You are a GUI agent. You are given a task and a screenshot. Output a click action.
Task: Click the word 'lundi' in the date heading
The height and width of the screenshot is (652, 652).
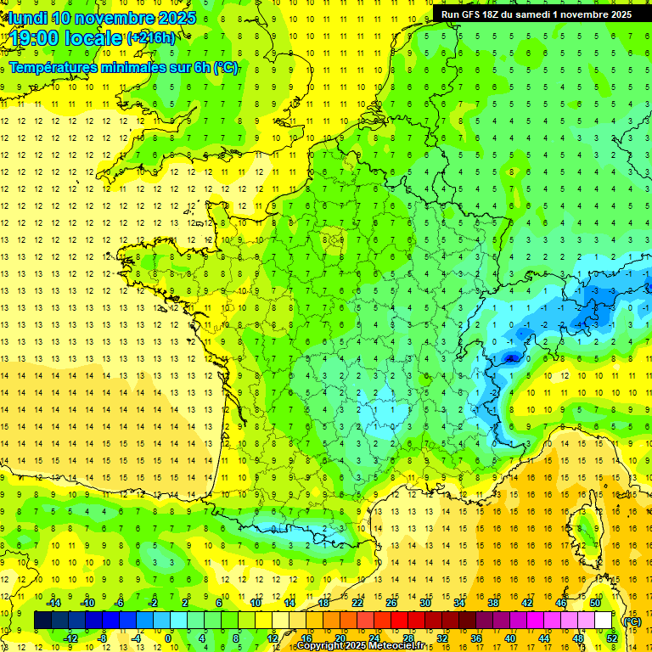[27, 18]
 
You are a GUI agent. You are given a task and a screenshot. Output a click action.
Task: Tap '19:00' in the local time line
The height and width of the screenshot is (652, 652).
[35, 38]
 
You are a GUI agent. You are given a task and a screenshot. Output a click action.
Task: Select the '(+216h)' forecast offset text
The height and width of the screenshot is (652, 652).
[151, 38]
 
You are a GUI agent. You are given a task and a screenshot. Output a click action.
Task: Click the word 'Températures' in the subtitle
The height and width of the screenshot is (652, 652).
[53, 67]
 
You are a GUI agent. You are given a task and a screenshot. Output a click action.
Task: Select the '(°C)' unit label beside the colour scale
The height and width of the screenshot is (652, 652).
[632, 621]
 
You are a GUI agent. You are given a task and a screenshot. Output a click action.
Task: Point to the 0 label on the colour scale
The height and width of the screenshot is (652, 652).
[168, 638]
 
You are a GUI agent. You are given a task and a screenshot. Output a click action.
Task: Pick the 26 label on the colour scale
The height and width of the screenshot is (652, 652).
[391, 603]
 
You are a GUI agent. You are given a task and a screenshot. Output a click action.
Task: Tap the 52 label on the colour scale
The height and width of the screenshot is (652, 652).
[611, 638]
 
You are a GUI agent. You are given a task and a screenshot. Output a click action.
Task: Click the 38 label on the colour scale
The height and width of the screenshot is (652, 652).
[492, 603]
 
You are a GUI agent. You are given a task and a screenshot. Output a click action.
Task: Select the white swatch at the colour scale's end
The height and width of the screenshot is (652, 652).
[604, 621]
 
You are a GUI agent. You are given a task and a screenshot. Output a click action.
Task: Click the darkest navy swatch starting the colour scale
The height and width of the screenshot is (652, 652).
[43, 621]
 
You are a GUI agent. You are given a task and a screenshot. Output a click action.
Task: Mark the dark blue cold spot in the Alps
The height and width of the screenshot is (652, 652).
[510, 358]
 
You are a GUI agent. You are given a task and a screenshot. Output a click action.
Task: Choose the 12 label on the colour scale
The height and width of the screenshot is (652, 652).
[271, 638]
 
